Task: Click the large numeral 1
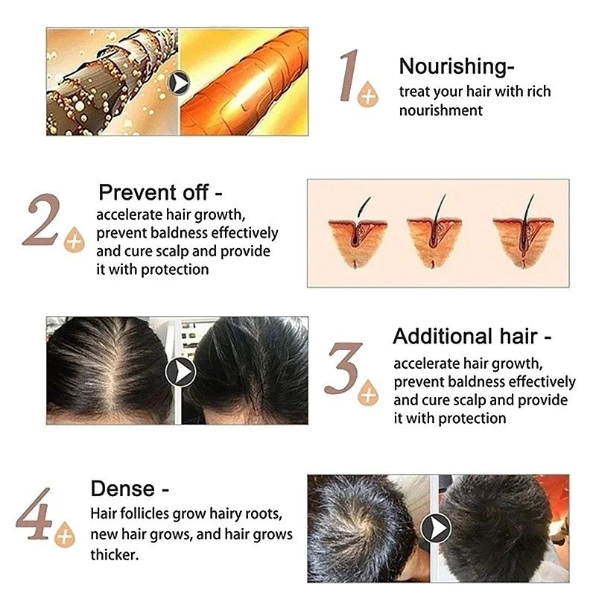point(349,75)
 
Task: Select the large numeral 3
point(344,368)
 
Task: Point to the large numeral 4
point(34,514)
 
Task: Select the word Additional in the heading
point(442,337)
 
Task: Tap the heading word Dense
point(122,489)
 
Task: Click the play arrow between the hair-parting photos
point(180,372)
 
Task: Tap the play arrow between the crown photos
point(436,528)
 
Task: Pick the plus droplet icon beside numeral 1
point(368,94)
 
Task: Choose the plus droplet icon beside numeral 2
point(74,239)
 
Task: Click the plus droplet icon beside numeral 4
point(65,534)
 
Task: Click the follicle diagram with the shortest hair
point(358,232)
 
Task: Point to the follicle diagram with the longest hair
point(523,231)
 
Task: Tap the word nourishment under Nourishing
point(441,110)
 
